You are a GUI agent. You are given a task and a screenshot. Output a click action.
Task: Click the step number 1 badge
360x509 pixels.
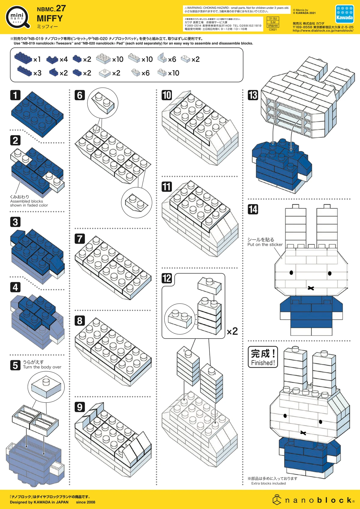[15, 95]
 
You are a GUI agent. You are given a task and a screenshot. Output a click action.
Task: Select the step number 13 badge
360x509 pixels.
[253, 95]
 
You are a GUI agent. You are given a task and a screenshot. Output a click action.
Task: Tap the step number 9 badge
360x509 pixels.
[79, 407]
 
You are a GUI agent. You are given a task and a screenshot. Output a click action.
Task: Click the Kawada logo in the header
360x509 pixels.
[344, 14]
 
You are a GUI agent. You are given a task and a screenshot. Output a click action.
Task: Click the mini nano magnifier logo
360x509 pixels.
[18, 17]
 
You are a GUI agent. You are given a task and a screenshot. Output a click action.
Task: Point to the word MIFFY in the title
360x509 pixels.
[50, 19]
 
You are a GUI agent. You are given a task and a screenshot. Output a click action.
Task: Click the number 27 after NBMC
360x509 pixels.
[61, 8]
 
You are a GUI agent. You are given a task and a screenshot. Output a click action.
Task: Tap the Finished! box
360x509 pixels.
[263, 357]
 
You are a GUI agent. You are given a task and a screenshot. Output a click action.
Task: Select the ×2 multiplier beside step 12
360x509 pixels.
[232, 331]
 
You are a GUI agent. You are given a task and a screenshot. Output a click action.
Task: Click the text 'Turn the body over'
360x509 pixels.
[42, 367]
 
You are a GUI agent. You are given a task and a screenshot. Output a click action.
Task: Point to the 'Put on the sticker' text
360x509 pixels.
[265, 244]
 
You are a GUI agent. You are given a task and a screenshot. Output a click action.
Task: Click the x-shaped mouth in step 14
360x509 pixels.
[311, 288]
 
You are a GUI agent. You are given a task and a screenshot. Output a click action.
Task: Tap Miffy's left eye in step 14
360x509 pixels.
[291, 273]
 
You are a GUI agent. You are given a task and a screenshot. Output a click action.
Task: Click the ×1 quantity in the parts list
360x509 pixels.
[37, 59]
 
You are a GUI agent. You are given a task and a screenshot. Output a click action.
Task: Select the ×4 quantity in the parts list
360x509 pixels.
[64, 59]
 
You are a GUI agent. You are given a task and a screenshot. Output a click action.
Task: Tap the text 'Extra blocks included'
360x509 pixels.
[268, 483]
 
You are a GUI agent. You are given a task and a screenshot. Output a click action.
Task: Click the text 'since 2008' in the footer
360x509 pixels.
[85, 502]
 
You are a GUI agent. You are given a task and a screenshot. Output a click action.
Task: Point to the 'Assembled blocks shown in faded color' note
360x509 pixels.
[29, 203]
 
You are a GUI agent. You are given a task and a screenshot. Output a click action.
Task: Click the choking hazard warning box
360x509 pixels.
[237, 10]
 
